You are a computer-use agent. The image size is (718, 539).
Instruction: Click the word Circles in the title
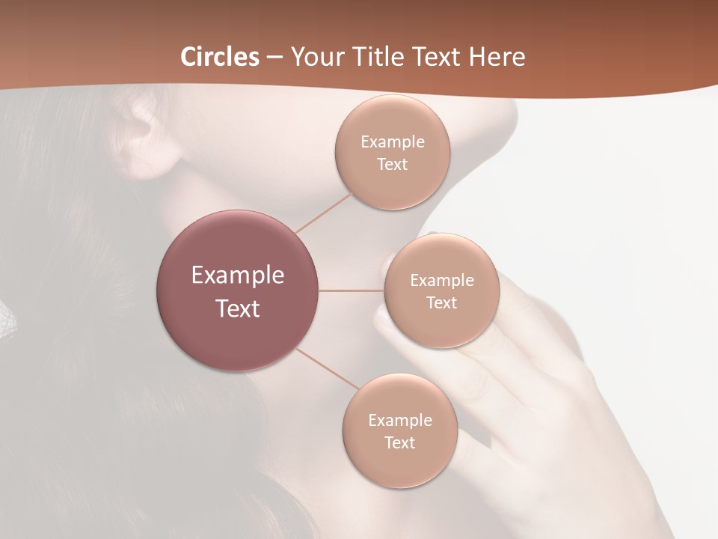point(220,57)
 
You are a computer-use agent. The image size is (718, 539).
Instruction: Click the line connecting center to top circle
point(323,213)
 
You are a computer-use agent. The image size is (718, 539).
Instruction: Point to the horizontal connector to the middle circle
point(351,290)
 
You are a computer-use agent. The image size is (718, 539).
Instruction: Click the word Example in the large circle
point(237,275)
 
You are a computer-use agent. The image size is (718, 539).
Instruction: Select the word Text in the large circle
point(237,308)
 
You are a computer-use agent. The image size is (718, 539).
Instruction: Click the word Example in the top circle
point(392,142)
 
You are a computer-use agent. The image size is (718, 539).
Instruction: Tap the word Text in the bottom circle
point(399,442)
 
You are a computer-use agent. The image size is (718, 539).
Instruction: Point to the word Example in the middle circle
point(441,281)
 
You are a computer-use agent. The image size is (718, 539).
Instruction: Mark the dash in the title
point(274,58)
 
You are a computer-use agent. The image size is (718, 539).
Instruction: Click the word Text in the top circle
point(392,165)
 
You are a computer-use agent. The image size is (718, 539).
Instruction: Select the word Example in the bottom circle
point(399,420)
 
